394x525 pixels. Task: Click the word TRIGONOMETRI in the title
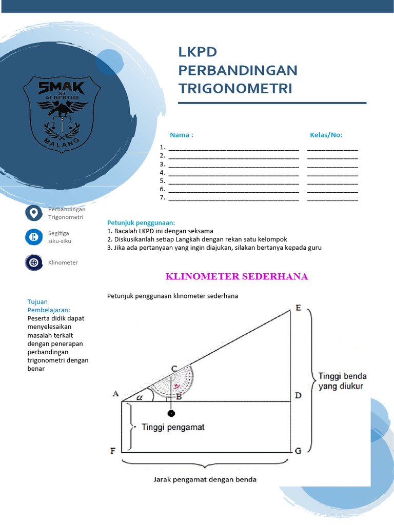point(235,88)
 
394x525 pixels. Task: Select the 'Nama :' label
point(182,135)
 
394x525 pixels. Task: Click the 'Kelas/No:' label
point(326,135)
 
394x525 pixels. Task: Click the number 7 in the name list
point(162,197)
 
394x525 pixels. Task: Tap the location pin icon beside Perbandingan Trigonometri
point(34,213)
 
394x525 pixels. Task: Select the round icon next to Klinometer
point(34,262)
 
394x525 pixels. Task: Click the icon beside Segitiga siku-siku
point(34,237)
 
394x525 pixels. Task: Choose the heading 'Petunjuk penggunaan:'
point(141,223)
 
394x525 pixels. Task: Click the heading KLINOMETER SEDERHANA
point(237,277)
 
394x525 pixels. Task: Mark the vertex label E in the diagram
point(298,308)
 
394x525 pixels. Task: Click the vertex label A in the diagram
point(115,394)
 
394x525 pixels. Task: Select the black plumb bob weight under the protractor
point(171,413)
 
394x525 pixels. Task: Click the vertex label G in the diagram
point(298,451)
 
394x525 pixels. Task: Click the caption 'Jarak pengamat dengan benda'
point(205,480)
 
